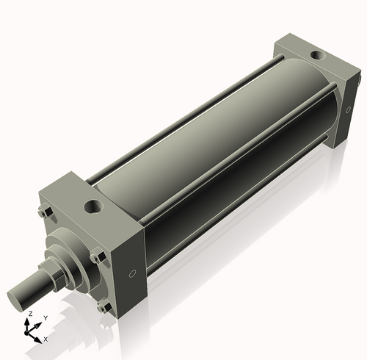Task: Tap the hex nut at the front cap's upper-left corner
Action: (43, 214)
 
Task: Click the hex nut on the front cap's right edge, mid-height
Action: (96, 256)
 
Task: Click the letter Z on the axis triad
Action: (29, 313)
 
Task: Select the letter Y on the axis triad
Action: (45, 318)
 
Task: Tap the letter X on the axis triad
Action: (46, 339)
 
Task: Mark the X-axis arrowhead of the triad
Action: (40, 337)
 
